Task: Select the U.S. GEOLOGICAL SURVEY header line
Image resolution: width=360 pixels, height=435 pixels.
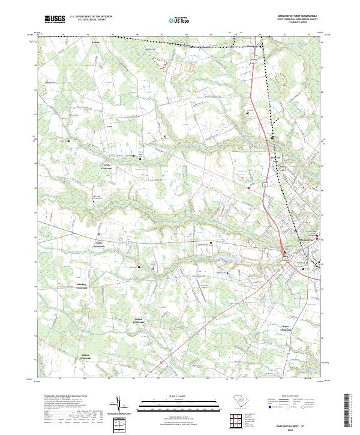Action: coord(89,20)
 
